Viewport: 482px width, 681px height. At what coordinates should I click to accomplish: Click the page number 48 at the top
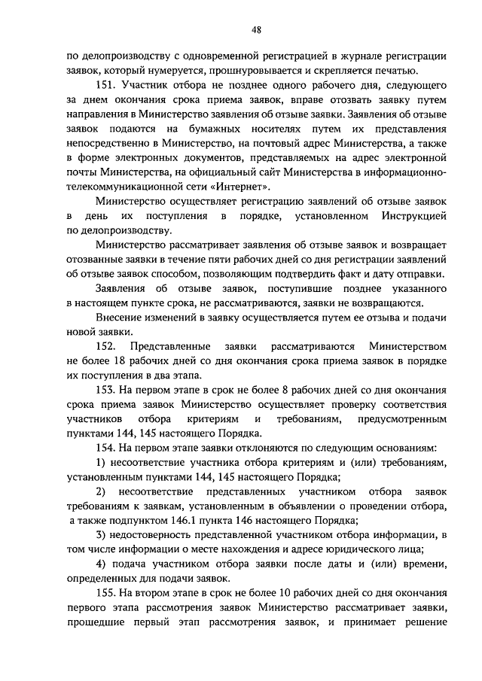coord(256,29)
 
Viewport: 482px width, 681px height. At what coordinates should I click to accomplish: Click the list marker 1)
coord(102,461)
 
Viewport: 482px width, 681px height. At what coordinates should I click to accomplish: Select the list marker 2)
coord(102,491)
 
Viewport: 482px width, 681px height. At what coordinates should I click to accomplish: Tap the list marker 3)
coord(102,534)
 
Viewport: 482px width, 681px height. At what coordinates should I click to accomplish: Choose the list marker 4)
coord(102,563)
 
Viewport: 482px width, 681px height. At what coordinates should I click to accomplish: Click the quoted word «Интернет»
coord(243,186)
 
